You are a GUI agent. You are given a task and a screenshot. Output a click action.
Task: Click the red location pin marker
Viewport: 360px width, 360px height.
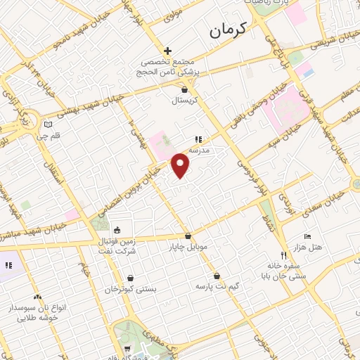[x=181, y=166]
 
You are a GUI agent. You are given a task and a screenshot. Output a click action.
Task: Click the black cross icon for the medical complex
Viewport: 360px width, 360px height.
[x=167, y=51]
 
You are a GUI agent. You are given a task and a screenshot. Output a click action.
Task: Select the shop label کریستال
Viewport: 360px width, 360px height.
[x=186, y=101]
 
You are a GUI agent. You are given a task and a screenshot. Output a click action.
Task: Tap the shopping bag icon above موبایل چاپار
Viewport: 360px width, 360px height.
[x=188, y=237]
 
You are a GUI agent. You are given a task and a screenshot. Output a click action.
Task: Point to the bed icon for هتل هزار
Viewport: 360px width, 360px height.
[x=307, y=236]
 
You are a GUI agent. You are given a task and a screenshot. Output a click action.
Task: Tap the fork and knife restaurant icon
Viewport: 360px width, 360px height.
[x=283, y=255]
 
